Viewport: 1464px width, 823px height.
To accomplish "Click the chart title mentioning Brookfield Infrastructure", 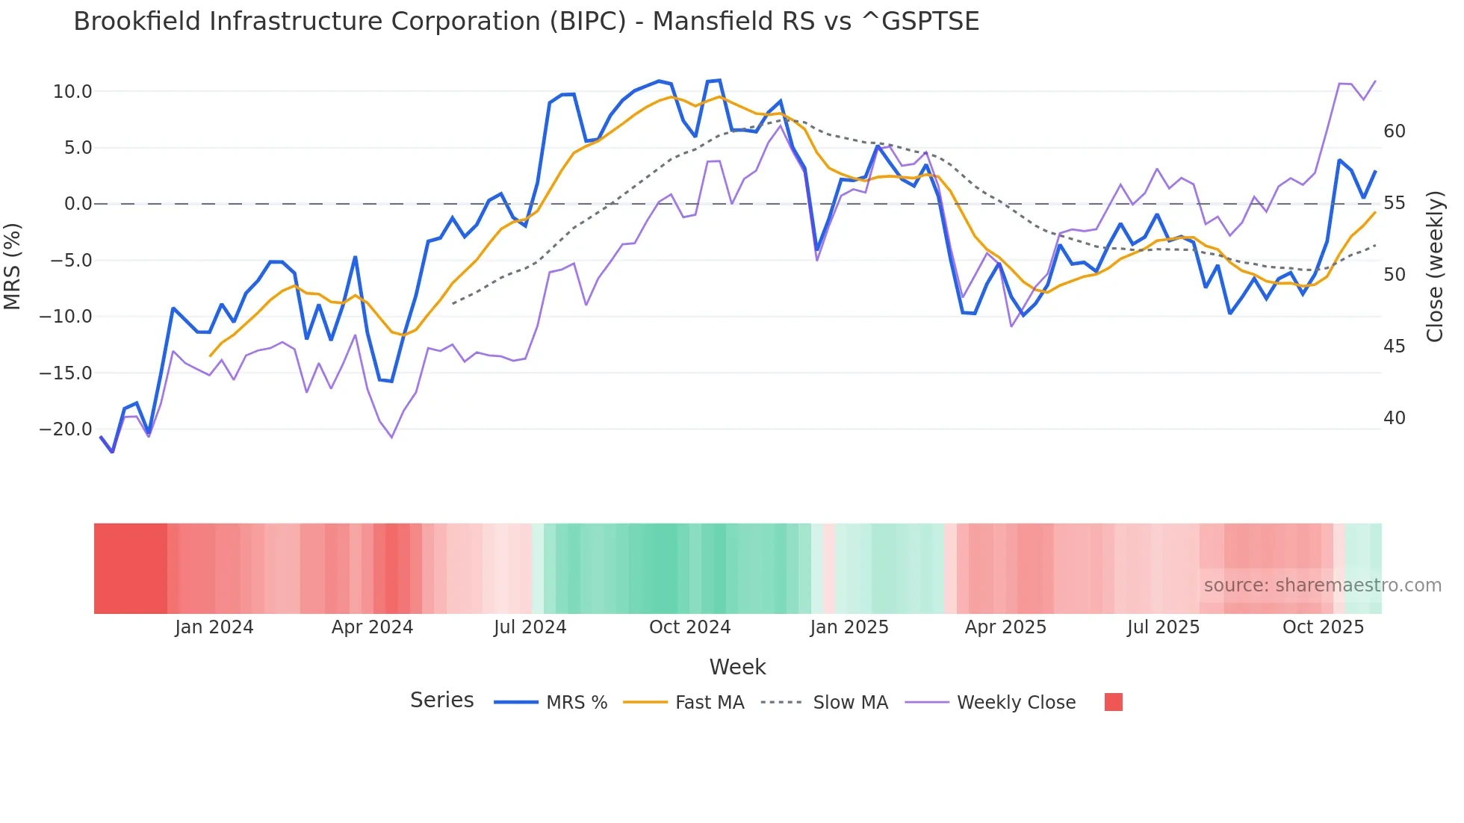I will point(526,22).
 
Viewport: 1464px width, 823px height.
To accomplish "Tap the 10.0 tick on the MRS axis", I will point(72,92).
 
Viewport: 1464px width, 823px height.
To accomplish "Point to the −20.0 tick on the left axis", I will point(66,429).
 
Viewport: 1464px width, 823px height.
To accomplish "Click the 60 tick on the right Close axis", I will point(1394,131).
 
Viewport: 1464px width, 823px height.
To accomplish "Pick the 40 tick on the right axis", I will point(1394,418).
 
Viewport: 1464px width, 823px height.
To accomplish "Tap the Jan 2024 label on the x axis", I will point(214,627).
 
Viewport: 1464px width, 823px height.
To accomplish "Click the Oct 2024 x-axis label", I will point(689,627).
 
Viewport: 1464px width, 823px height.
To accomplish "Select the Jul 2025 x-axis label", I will point(1163,627).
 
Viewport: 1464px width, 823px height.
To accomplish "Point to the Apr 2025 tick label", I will point(1005,627).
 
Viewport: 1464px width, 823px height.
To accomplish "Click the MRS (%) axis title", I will point(13,266).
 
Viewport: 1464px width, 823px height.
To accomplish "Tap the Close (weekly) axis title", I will point(1434,267).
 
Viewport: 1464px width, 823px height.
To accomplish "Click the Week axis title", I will point(737,667).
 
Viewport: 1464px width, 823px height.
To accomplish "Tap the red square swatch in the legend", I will point(1113,702).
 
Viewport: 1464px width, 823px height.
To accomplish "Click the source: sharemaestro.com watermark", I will point(1322,586).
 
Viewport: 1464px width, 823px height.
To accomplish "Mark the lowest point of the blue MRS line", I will point(113,452).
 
